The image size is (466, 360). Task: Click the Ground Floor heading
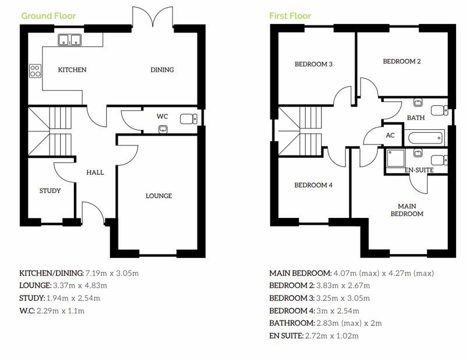pyautogui.click(x=48, y=16)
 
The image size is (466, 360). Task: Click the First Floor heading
pyautogui.click(x=290, y=16)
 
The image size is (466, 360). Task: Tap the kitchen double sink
pyautogui.click(x=70, y=40)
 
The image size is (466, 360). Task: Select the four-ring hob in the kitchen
pyautogui.click(x=35, y=71)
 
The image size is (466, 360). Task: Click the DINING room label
pyautogui.click(x=162, y=70)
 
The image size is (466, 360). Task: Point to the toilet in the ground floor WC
pyautogui.click(x=189, y=119)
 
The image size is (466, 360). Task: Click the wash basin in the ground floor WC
pyautogui.click(x=163, y=129)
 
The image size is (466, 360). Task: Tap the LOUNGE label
pyautogui.click(x=158, y=196)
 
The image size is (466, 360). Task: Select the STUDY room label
pyautogui.click(x=50, y=190)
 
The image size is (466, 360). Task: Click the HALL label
pyautogui.click(x=95, y=172)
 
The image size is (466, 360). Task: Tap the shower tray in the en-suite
pyautogui.click(x=396, y=158)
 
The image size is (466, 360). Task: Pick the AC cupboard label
pyautogui.click(x=390, y=136)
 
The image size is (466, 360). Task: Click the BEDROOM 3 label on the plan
pyautogui.click(x=313, y=64)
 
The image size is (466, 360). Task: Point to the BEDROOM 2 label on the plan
pyautogui.click(x=402, y=62)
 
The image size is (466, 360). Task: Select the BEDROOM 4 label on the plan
pyautogui.click(x=313, y=185)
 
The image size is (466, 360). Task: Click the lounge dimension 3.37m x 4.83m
pyautogui.click(x=80, y=285)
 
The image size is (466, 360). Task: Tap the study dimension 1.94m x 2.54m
pyautogui.click(x=73, y=298)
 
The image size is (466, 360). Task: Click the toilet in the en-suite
pyautogui.click(x=440, y=160)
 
